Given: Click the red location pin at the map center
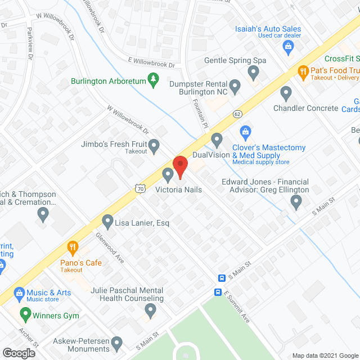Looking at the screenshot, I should click(180, 166).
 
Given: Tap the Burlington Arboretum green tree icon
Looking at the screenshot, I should click(152, 80).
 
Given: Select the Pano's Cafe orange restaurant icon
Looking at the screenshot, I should click(73, 247).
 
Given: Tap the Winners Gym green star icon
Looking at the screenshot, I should click(25, 315).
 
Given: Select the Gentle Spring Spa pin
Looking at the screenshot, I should click(254, 72).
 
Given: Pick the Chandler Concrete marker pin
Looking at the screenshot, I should click(286, 93).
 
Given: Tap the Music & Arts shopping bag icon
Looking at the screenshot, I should click(19, 293).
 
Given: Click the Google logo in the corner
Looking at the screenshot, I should click(18, 353).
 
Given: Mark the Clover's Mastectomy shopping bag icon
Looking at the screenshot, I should click(245, 133).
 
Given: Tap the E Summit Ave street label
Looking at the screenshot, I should click(237, 307).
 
